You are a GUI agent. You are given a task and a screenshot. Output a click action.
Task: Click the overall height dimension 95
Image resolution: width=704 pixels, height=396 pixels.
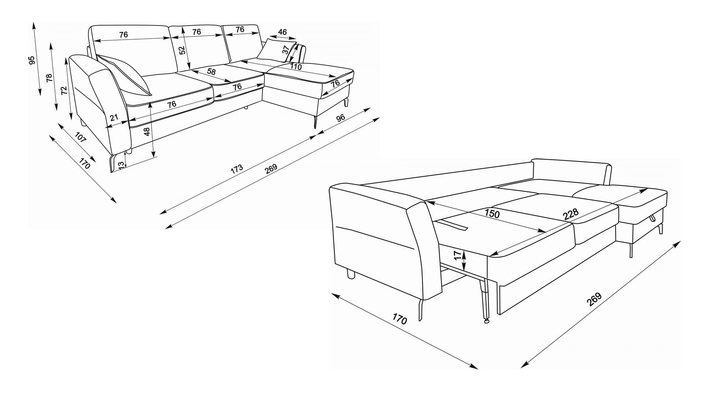[x=31, y=60]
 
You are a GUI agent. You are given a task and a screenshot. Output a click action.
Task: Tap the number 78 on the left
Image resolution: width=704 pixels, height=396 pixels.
[x=49, y=77]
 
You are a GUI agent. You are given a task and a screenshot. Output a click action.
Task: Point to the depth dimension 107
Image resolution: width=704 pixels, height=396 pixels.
[x=81, y=137]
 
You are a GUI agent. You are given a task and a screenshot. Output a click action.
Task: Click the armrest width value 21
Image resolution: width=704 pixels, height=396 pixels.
[x=114, y=117]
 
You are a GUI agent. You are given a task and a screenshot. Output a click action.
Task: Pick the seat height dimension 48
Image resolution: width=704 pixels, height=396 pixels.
[x=147, y=132]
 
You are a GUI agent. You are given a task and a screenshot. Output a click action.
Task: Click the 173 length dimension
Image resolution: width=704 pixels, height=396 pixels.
[x=237, y=169]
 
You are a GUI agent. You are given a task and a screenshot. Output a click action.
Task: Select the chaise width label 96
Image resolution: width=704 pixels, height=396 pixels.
[x=341, y=118]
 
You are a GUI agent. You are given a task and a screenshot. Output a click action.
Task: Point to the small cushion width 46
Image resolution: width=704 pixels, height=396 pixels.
[x=282, y=32]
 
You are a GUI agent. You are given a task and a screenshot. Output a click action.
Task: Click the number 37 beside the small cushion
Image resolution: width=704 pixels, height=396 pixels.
[x=285, y=49]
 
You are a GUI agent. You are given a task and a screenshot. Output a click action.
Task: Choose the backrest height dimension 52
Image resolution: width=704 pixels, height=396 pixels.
[x=182, y=50]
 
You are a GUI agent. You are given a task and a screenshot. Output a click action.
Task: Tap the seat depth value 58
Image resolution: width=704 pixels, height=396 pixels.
[x=212, y=71]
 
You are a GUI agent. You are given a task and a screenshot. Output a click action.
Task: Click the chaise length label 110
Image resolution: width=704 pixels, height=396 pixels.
[x=296, y=66]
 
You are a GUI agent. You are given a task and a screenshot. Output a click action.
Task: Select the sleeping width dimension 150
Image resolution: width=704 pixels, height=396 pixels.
[x=492, y=214]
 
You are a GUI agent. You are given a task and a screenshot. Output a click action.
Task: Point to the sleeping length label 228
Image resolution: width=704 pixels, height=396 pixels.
[x=570, y=214]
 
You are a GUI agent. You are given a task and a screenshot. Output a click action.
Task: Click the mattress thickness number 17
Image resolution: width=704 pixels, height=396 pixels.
[x=458, y=255]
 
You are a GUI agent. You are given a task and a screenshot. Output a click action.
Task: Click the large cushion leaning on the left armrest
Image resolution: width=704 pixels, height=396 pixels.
[x=124, y=74]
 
